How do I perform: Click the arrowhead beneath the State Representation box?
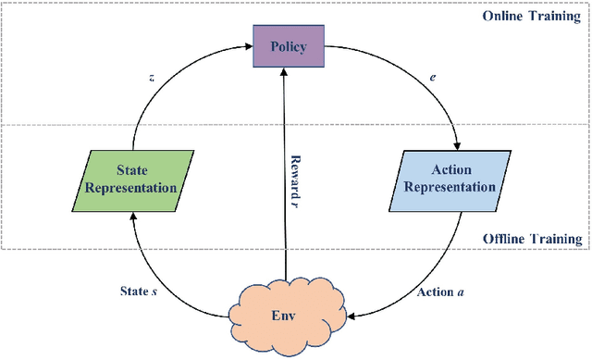[134, 216]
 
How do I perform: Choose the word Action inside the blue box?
[450, 170]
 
